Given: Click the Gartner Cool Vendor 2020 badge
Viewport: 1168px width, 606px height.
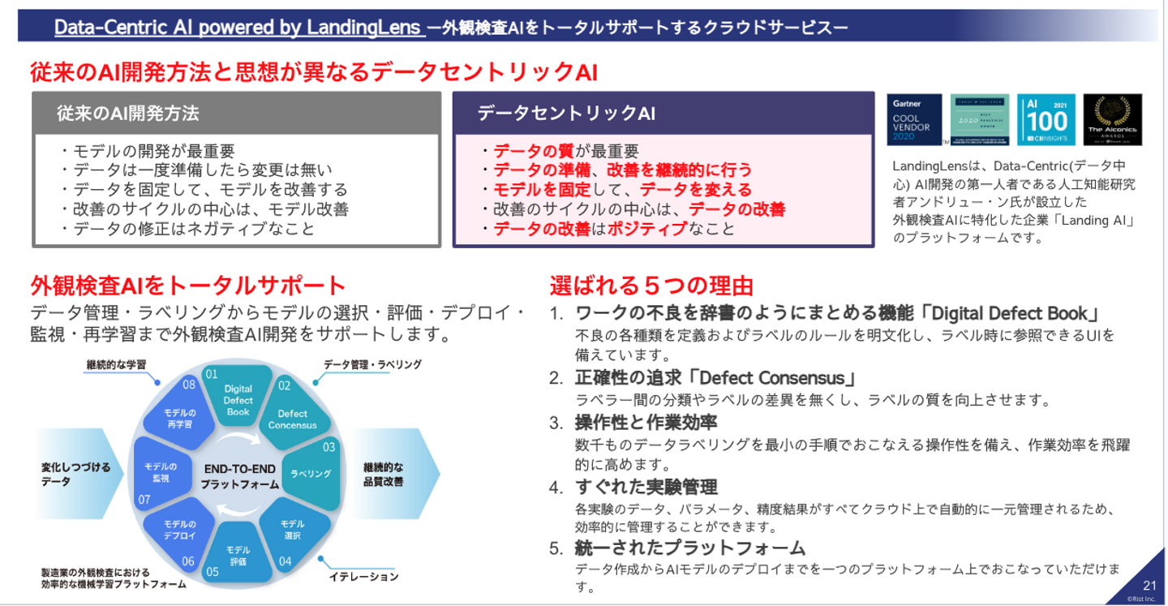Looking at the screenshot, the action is click(913, 119).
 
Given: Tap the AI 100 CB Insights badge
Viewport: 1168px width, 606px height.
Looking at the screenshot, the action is click(1046, 119).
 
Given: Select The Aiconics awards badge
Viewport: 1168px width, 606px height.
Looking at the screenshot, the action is click(1112, 119).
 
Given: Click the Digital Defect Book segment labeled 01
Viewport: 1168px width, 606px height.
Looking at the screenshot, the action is click(238, 397).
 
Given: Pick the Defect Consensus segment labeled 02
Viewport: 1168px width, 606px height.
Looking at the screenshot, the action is click(293, 416).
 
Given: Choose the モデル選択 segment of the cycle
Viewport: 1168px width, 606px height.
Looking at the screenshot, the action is click(292, 530).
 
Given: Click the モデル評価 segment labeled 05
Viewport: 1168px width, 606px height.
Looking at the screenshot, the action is click(238, 555).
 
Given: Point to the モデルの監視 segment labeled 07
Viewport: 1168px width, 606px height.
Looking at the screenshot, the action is click(161, 472).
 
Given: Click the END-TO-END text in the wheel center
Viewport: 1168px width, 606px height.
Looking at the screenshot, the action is click(239, 469).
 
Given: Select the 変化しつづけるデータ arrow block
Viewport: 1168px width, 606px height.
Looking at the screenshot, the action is click(78, 474).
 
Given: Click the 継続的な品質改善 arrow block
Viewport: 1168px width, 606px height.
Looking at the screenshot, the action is click(389, 474).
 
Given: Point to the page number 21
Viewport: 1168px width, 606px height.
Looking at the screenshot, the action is click(1149, 585).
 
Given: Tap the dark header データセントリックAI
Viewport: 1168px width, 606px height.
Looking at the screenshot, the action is click(566, 113).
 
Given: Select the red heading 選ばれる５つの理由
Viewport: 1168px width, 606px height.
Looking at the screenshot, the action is click(651, 286).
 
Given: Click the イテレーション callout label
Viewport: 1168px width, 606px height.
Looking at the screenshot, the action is click(363, 577).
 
